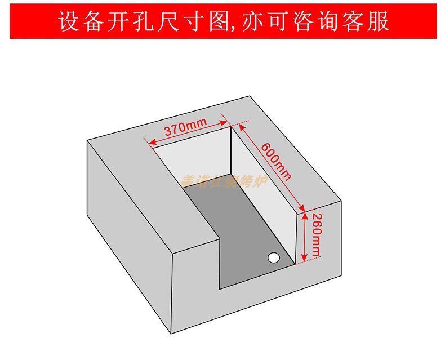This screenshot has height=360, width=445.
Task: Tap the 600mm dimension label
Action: pyautogui.click(x=275, y=160)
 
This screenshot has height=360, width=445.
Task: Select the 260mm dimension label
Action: pyautogui.click(x=317, y=235)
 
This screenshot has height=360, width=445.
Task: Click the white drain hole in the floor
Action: pyautogui.click(x=274, y=257)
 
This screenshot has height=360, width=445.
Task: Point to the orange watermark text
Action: pyautogui.click(x=225, y=181)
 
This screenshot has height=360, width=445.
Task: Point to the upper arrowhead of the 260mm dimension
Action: pyautogui.click(x=305, y=215)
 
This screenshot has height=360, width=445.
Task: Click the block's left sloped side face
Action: pyautogui.click(x=127, y=225)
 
